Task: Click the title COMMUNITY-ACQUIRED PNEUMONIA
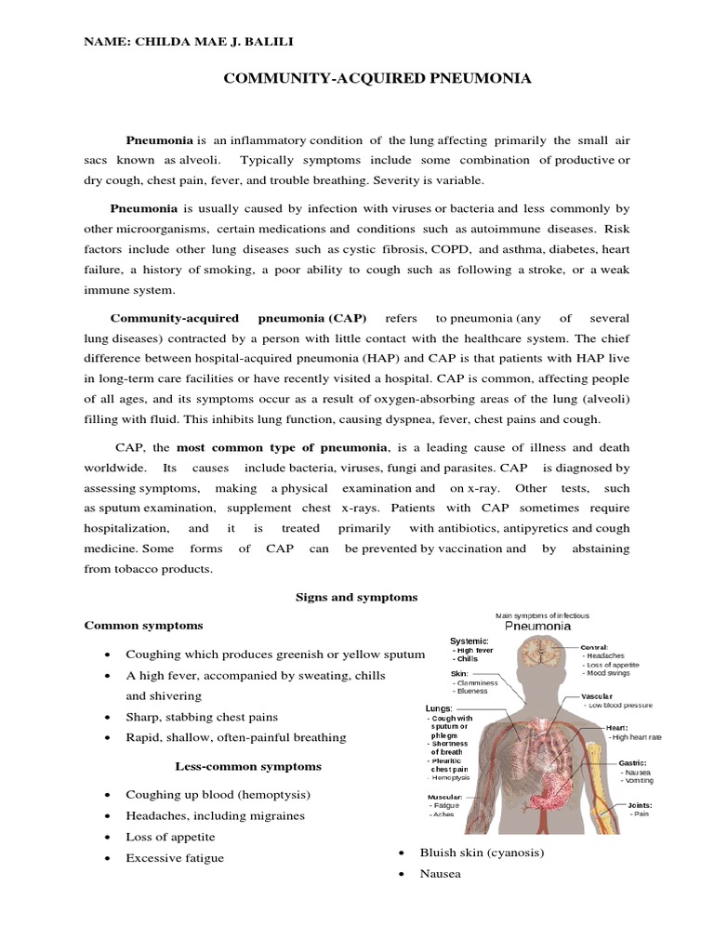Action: tap(377, 79)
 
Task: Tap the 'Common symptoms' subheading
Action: tap(144, 625)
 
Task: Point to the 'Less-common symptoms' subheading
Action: tap(248, 766)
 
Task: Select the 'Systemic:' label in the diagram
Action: tap(469, 641)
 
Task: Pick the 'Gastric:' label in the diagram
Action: tap(633, 762)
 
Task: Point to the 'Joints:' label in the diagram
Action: tap(640, 804)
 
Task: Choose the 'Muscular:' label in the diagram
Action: tap(445, 797)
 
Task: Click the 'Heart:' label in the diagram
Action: tap(617, 727)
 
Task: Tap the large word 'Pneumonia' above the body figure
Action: tap(537, 627)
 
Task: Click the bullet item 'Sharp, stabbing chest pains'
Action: tap(202, 717)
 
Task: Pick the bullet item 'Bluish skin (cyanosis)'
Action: tap(482, 852)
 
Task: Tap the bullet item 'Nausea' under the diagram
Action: tap(440, 874)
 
